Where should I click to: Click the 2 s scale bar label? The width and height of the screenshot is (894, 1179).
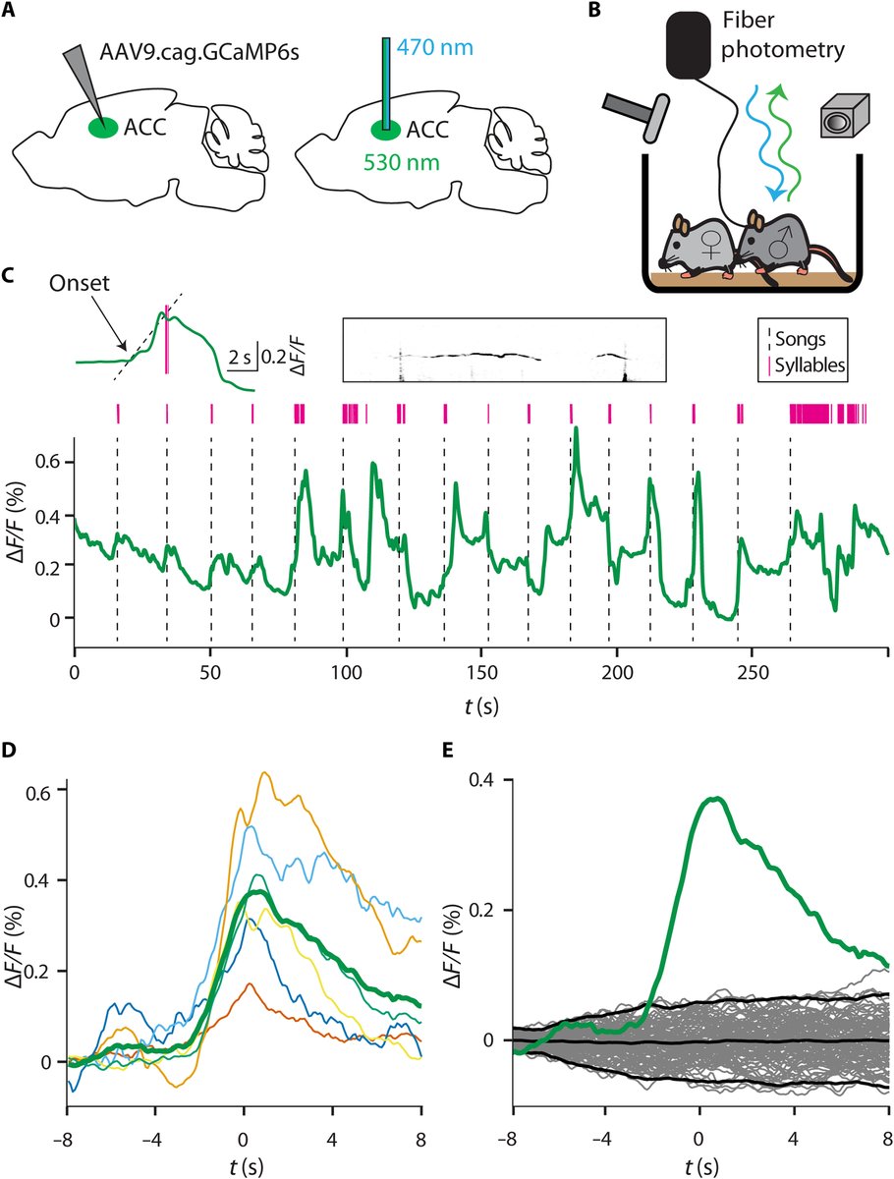[x=238, y=359]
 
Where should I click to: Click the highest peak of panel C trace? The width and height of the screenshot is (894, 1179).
[x=576, y=428]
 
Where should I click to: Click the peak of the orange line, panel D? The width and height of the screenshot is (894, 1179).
[x=264, y=773]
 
